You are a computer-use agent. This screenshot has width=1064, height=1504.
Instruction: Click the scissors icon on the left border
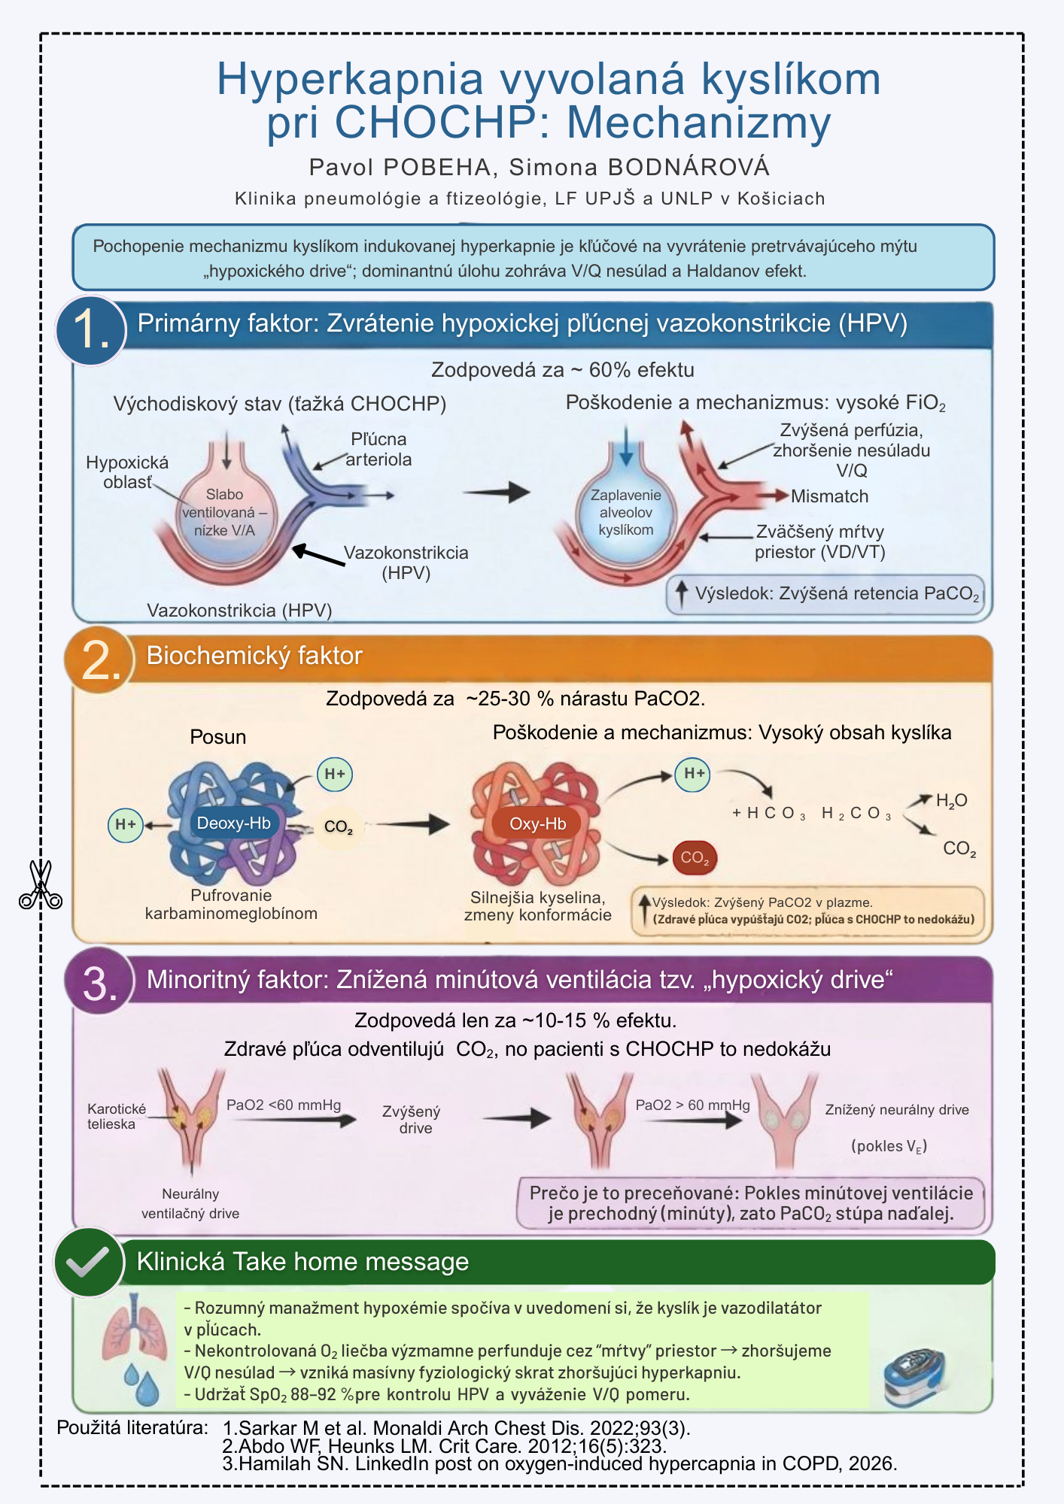[x=41, y=885]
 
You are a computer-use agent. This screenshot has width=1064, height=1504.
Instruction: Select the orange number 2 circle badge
[x=99, y=660]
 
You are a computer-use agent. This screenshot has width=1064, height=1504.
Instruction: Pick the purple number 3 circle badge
[x=99, y=982]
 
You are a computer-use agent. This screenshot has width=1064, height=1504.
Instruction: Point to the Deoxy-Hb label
[x=233, y=823]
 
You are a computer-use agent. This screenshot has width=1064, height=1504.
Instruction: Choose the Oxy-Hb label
[x=537, y=823]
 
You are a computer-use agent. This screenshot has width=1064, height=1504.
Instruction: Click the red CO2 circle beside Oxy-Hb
[x=695, y=858]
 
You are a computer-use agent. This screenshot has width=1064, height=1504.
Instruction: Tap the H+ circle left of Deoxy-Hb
[x=126, y=825]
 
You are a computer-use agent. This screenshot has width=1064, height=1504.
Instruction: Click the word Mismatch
[x=829, y=496]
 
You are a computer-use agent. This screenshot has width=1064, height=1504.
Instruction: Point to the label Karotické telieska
[x=116, y=1117]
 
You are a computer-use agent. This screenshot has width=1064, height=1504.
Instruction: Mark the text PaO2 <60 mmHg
[x=284, y=1105]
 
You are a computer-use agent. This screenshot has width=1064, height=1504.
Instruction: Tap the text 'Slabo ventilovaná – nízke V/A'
[x=224, y=512]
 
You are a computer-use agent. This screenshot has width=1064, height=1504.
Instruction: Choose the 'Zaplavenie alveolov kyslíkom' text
[x=625, y=512]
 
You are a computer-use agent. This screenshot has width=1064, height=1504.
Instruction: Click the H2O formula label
[x=951, y=801]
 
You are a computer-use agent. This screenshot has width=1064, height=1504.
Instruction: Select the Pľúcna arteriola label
[x=378, y=449]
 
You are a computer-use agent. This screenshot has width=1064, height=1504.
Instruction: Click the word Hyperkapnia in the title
[x=351, y=79]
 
